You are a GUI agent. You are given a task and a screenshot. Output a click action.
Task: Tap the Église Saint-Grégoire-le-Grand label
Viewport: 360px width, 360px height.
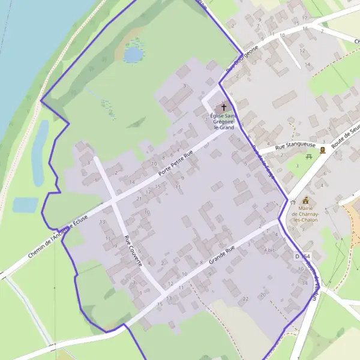222,121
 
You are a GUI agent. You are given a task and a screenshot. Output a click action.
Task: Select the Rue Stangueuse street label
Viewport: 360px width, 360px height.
295,146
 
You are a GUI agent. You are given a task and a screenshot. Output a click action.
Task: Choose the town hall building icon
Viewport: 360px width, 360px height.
306,200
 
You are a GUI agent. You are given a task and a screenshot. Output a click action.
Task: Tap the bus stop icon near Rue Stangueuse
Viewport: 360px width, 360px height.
323,150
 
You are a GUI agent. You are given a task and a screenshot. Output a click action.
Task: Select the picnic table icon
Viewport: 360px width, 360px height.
308,157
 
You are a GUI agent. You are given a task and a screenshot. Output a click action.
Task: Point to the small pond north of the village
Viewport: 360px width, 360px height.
133,55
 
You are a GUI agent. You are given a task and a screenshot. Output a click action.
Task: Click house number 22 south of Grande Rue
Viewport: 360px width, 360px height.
245,298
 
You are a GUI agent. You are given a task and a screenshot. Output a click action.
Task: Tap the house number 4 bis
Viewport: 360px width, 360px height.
269,250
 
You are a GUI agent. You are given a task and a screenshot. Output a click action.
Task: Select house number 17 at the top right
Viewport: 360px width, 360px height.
305,18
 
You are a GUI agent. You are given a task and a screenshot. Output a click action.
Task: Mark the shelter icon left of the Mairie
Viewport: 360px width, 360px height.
292,202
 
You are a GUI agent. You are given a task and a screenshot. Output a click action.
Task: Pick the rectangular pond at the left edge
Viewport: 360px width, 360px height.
25,205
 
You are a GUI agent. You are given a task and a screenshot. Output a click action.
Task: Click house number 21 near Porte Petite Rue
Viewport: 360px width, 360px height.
139,198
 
